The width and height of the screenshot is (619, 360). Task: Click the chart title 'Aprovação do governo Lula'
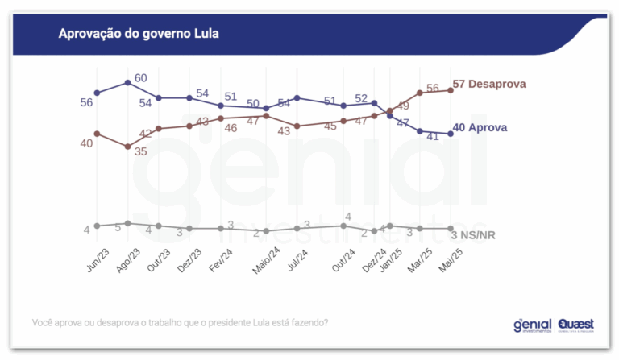139,35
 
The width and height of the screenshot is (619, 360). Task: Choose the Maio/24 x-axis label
265,263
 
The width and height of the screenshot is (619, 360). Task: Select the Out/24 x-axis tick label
344,262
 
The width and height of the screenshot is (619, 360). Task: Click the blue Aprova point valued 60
128,83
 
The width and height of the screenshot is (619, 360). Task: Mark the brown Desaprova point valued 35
128,147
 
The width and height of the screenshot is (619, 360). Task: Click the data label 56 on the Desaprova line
432,89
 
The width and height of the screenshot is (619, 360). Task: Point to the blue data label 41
432,136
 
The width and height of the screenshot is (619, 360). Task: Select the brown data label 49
402,106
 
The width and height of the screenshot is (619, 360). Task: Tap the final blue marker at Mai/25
451,134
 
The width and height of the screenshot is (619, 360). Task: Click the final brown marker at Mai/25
451,90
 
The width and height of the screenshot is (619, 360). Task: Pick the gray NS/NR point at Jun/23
97,226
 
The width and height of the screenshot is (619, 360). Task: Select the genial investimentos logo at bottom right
533,325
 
